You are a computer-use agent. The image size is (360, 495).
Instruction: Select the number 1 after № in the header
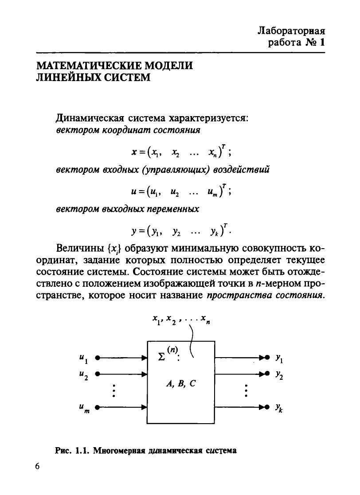322,43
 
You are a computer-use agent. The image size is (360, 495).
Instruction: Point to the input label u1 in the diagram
82,357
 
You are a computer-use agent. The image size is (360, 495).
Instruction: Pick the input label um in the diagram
83,408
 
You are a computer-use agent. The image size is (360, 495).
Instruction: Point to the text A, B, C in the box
180,384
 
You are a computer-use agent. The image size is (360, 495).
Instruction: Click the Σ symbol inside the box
162,357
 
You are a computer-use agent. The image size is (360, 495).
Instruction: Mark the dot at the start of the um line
98,406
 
